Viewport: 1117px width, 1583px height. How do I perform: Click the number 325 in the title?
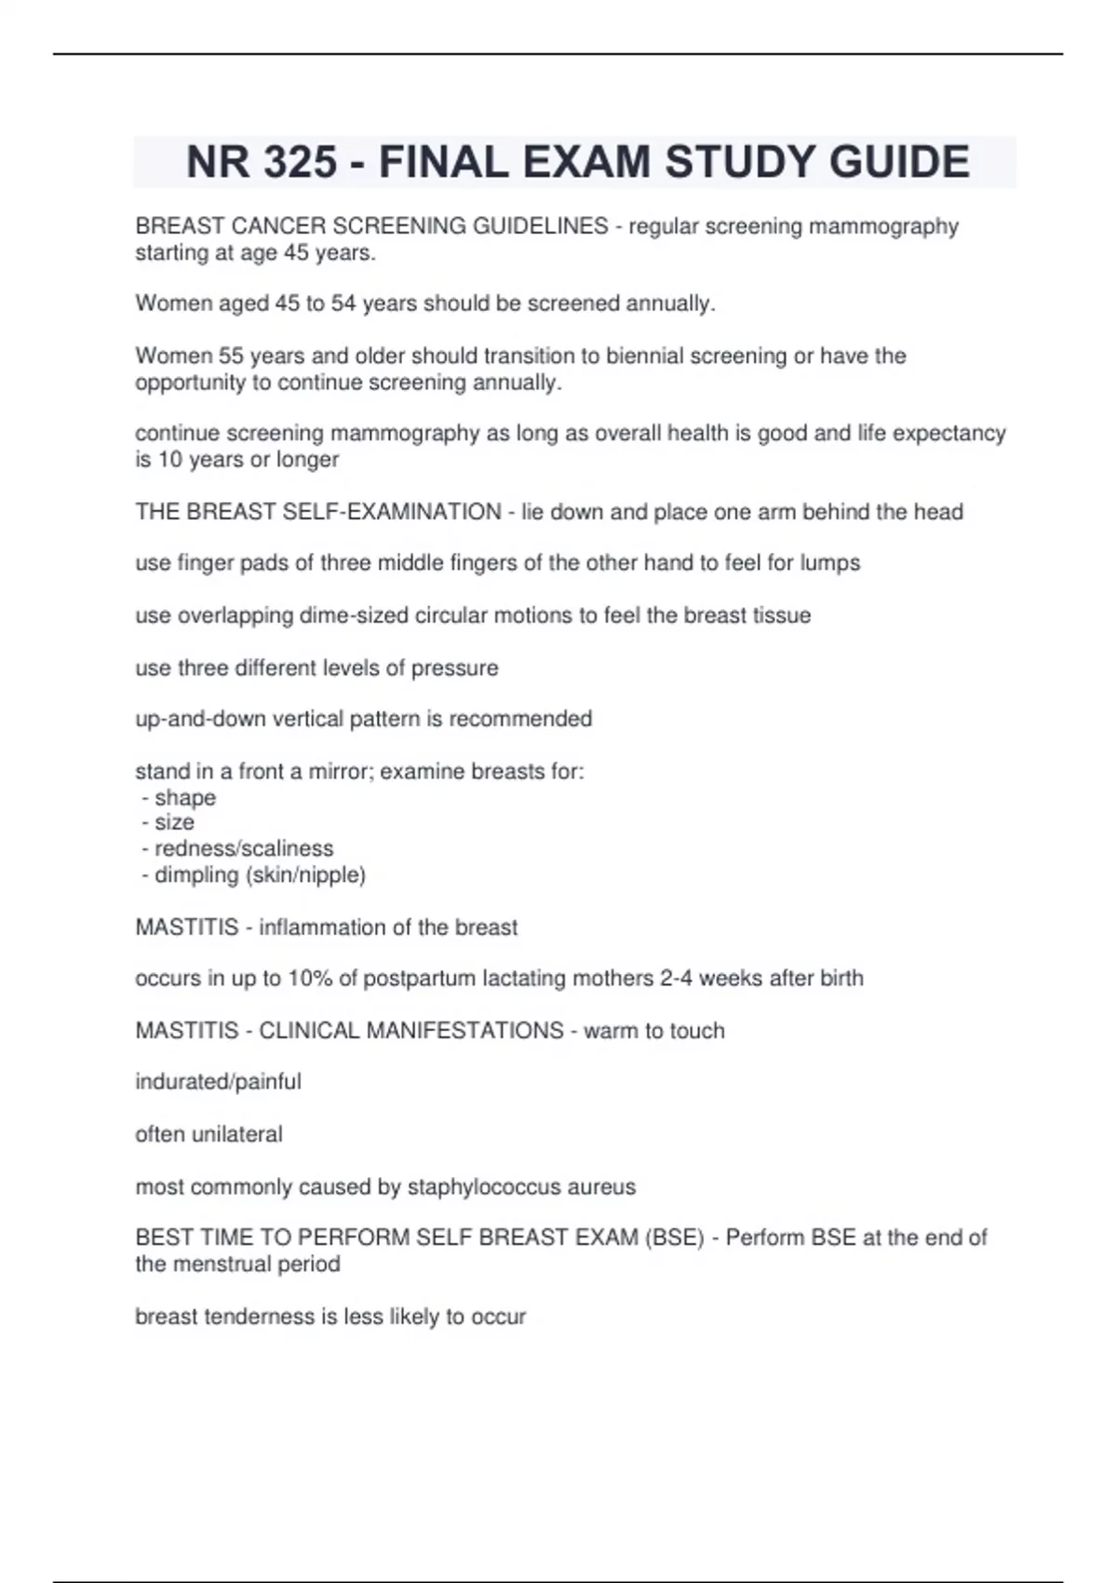point(300,162)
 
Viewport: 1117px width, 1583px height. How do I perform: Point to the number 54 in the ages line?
point(343,304)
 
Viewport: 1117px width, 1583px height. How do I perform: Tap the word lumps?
point(829,563)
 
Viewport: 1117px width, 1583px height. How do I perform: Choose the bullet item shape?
point(185,798)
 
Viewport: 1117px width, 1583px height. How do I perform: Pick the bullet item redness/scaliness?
point(244,848)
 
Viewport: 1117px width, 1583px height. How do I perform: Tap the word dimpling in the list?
point(196,875)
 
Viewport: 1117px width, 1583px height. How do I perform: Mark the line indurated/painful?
point(218,1082)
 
